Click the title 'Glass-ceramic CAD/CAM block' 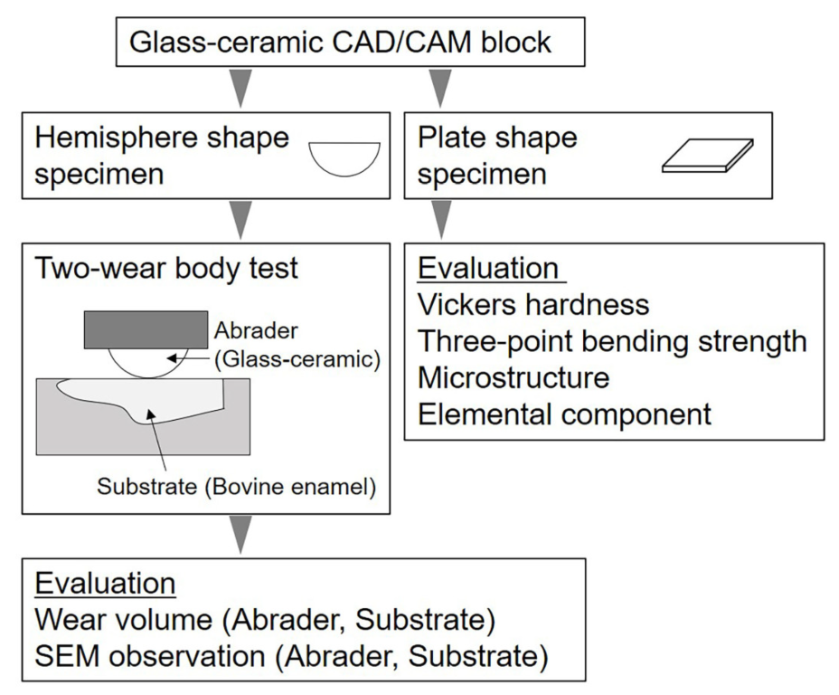pos(341,42)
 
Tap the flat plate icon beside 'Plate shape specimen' pos(707,156)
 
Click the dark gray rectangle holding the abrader pos(146,329)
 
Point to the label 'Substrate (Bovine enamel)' pos(236,490)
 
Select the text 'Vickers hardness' pos(533,304)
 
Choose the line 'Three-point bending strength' pos(612,340)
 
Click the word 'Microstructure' pos(514,376)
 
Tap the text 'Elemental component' pos(564,414)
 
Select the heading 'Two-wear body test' pos(166,269)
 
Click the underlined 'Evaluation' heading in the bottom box pos(105,583)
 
